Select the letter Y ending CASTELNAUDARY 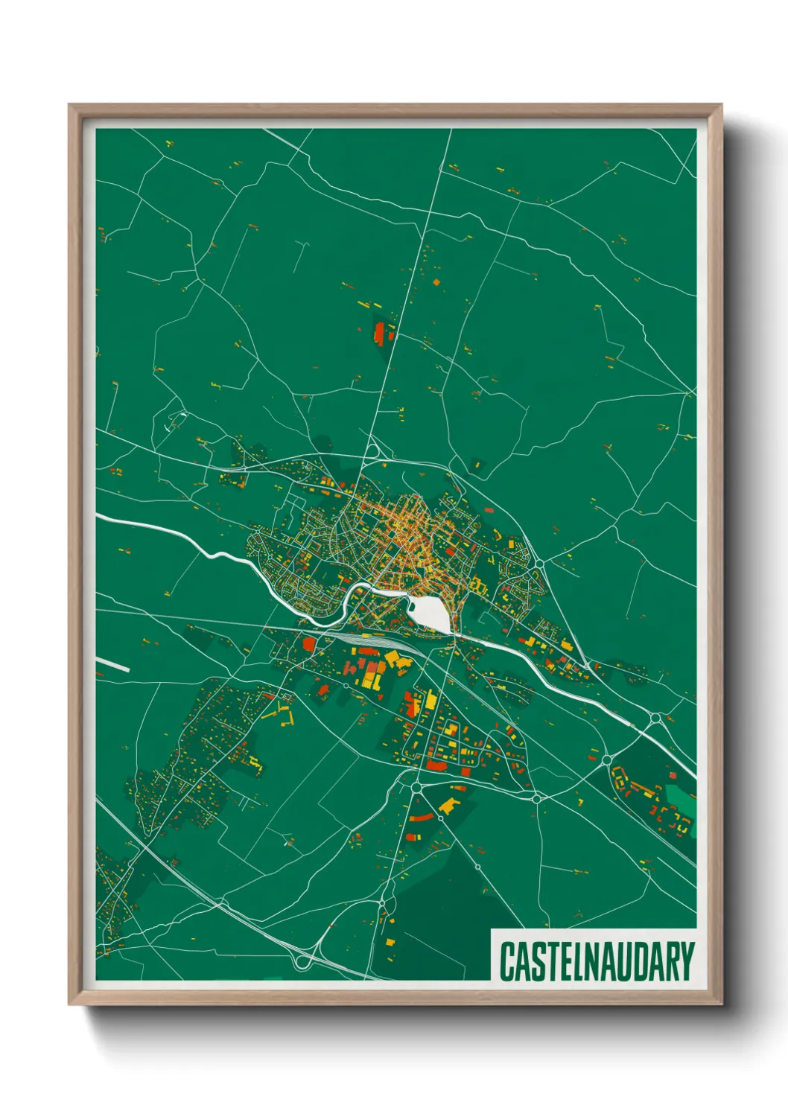(687, 962)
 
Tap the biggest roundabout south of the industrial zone (416, 786)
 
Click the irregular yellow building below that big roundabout (449, 805)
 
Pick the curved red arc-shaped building (420, 818)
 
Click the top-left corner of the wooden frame (70, 106)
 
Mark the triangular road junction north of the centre (372, 449)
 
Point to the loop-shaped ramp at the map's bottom (302, 961)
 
